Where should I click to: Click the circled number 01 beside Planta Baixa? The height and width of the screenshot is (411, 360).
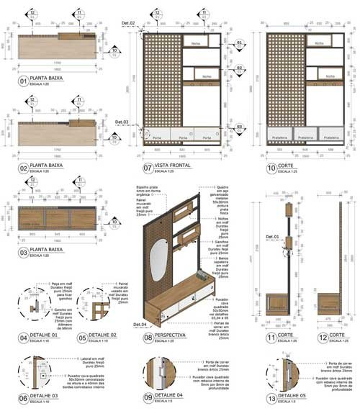23,81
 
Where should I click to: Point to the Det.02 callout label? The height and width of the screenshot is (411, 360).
129,26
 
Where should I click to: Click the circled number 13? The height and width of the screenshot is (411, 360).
271,397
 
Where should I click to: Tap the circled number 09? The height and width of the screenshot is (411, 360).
148,397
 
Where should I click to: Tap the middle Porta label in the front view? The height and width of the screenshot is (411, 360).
179,137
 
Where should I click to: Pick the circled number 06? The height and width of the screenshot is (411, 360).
23,397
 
